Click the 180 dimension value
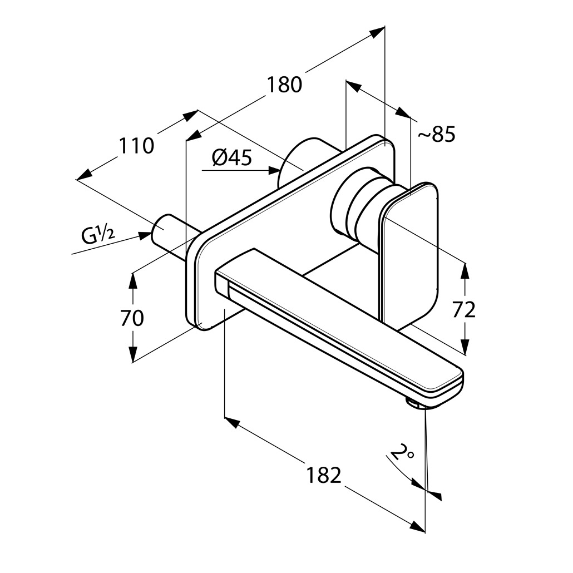[x=284, y=85]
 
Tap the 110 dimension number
[x=136, y=146]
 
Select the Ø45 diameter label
[x=232, y=159]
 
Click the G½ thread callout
[x=98, y=235]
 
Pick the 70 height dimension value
[x=132, y=318]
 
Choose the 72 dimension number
[x=463, y=310]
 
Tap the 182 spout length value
[x=323, y=476]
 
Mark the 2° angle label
[x=402, y=453]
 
